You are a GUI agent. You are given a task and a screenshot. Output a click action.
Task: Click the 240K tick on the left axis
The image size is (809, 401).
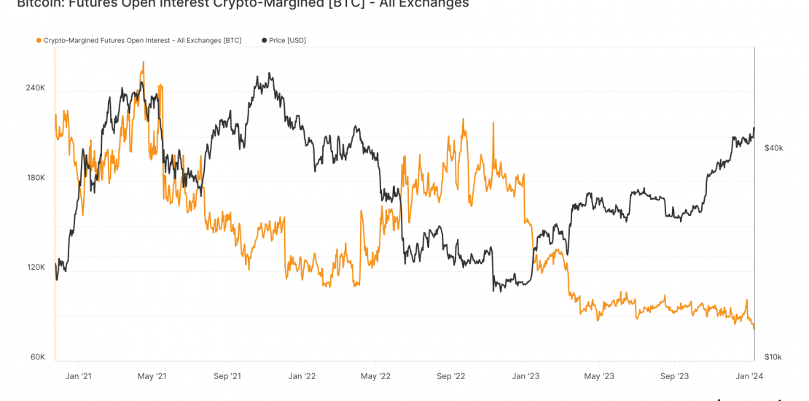(x=36, y=88)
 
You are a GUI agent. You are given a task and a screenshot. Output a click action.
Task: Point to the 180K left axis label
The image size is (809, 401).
(x=36, y=178)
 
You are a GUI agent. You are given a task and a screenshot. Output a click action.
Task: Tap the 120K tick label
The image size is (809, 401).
(x=36, y=268)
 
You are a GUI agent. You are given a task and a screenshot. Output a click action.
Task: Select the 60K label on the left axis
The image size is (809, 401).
(x=38, y=357)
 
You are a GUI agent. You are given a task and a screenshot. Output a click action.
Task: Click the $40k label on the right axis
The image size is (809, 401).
(x=773, y=148)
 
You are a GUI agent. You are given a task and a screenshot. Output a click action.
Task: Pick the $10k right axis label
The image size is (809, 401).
(x=773, y=357)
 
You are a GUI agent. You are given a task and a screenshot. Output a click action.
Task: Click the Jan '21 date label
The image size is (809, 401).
(x=78, y=376)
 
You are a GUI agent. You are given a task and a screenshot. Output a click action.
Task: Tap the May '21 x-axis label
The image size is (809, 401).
(x=152, y=376)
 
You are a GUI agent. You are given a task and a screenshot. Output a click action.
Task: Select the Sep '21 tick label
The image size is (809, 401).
(x=227, y=376)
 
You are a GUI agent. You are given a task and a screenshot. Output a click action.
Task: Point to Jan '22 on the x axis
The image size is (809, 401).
(x=302, y=376)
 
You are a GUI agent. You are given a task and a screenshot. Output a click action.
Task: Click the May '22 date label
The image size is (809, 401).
(x=375, y=376)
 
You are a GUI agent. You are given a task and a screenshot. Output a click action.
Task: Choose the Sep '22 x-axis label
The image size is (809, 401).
(x=450, y=376)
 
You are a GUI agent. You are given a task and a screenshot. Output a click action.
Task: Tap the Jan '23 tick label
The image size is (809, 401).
(x=525, y=376)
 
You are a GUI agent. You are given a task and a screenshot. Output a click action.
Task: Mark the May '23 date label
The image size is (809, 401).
(x=598, y=376)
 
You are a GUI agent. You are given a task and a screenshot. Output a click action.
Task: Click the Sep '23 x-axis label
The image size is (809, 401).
(x=674, y=376)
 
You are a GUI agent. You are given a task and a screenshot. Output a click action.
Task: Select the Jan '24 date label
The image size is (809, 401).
(x=749, y=376)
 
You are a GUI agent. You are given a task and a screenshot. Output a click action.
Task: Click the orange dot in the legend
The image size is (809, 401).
(x=39, y=41)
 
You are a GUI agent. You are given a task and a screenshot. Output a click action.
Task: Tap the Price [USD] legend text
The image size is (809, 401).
(x=287, y=41)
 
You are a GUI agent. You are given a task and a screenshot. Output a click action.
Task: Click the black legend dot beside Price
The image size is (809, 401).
(x=264, y=41)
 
